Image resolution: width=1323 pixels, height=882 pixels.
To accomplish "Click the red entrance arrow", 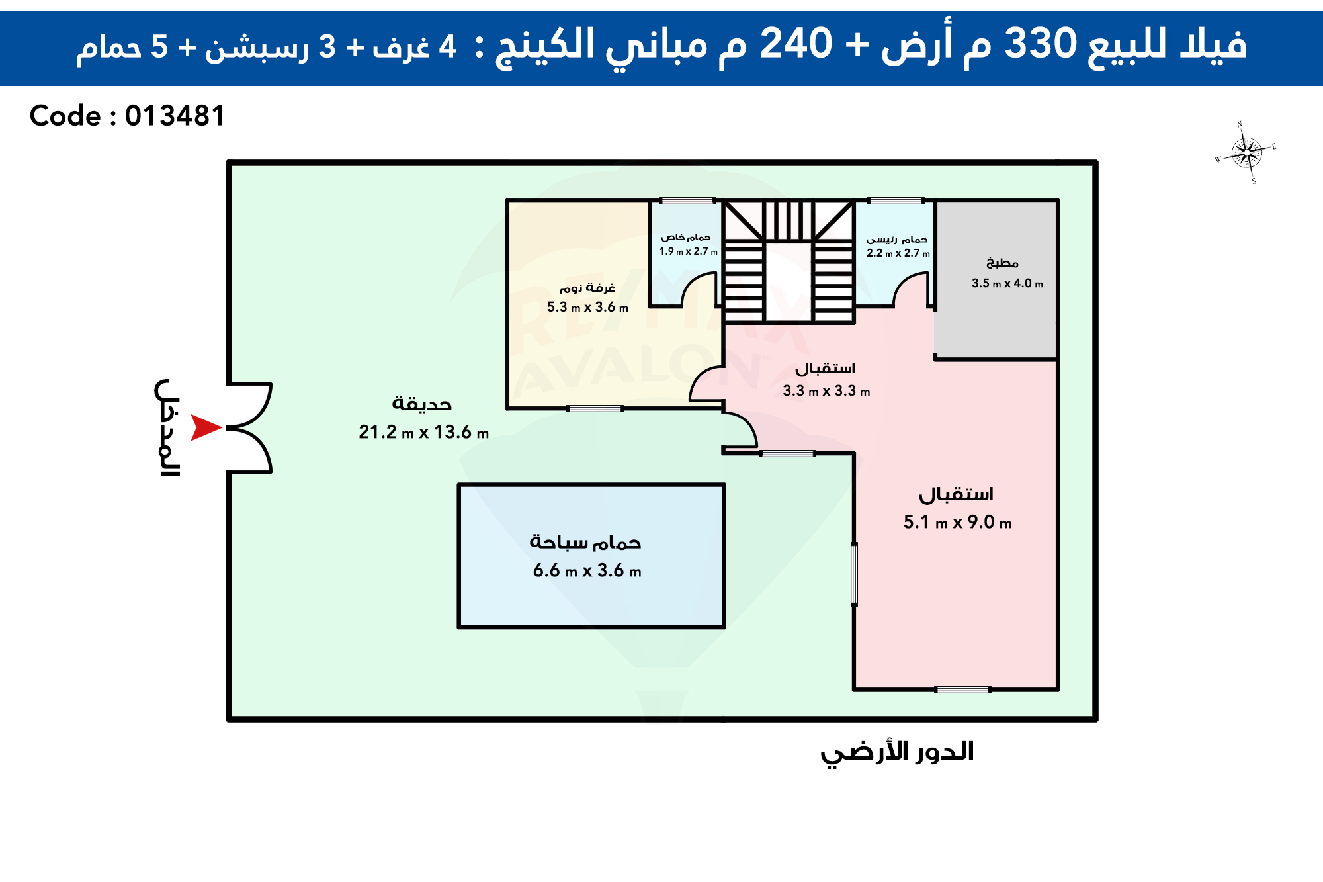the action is point(205,427).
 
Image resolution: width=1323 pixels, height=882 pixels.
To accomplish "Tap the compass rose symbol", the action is point(1246,153).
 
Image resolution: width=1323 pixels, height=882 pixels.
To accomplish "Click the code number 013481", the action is point(175,116).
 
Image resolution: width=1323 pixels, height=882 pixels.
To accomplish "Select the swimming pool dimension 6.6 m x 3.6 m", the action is point(587,570).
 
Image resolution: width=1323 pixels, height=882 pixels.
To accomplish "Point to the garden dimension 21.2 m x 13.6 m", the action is point(424,432).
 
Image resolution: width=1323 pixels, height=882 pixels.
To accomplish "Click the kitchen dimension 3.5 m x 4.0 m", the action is point(1007,283).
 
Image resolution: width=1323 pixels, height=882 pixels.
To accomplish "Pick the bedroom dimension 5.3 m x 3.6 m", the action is point(587,307).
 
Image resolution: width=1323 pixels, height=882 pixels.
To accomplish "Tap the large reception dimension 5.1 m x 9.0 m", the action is point(958,522).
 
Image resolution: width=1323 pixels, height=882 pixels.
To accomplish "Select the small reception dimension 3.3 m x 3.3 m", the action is point(826,391).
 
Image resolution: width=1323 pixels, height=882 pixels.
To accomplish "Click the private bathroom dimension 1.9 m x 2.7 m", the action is point(688,251).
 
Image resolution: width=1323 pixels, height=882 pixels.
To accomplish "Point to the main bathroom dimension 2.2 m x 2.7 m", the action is point(898,253).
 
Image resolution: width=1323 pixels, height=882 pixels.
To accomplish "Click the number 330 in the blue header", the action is point(1041,44).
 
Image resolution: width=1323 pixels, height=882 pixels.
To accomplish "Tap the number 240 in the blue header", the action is point(796,44).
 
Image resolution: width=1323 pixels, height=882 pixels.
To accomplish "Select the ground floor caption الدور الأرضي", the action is point(897,753).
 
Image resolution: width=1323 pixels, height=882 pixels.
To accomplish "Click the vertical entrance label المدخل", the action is point(167,427).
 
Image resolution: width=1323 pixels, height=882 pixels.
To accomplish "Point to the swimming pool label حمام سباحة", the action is point(585,542).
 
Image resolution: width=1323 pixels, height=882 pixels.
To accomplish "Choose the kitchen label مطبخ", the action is point(1002,263).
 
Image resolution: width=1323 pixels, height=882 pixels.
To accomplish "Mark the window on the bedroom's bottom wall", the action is point(595,408).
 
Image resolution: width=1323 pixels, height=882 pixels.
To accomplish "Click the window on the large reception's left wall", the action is point(854,574).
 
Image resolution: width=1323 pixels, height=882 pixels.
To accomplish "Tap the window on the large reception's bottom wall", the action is point(962,689).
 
